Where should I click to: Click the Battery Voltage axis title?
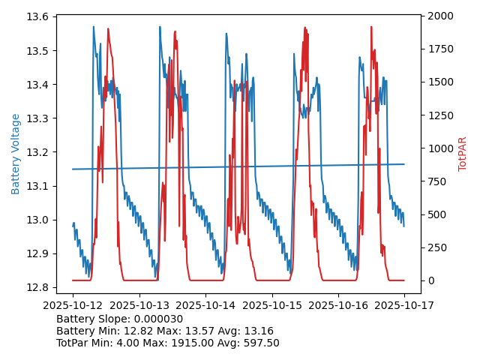tap(16, 154)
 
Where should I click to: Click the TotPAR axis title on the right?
tap(463, 154)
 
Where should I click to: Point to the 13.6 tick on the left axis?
tap(39, 17)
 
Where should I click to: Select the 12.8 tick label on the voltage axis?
tap(39, 287)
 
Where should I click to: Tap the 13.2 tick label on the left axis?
tap(39, 152)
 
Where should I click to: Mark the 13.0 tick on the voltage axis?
tap(39, 220)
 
